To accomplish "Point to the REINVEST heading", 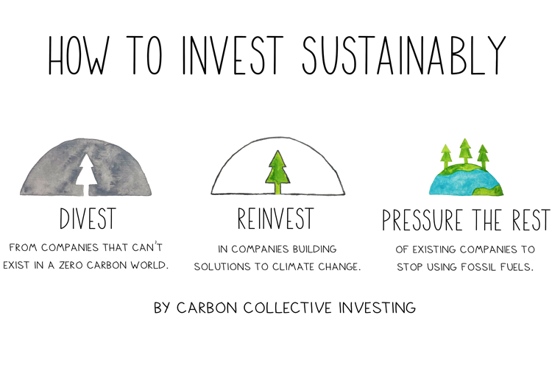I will (276, 219).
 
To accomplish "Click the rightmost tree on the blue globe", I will (483, 157).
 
